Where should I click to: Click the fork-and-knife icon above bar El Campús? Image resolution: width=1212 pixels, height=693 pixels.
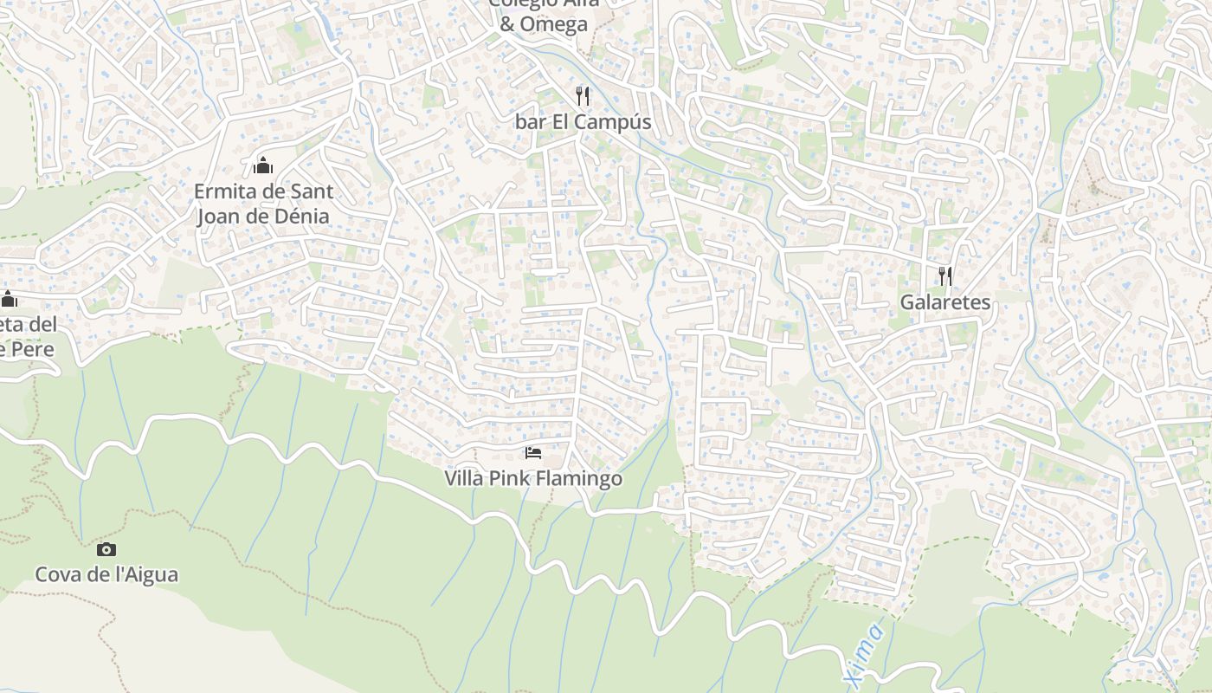tap(583, 95)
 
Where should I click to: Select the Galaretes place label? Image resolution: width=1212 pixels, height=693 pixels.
tap(944, 302)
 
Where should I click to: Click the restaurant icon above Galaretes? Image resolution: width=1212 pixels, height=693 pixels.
tap(945, 276)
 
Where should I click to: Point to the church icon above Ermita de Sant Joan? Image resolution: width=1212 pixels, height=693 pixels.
tap(263, 165)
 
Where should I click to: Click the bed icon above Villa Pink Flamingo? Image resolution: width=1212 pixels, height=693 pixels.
tap(533, 452)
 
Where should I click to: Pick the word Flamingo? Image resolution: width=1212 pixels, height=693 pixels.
tap(579, 478)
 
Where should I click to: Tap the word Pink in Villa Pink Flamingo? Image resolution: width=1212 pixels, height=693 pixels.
tap(510, 478)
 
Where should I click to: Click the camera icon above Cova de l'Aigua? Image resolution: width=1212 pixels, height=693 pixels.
tap(106, 549)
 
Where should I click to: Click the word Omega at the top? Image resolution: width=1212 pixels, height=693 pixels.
tap(555, 24)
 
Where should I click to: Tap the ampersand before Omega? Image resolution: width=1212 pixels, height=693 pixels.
tap(508, 24)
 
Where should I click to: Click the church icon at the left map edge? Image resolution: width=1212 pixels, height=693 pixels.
tap(9, 300)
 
